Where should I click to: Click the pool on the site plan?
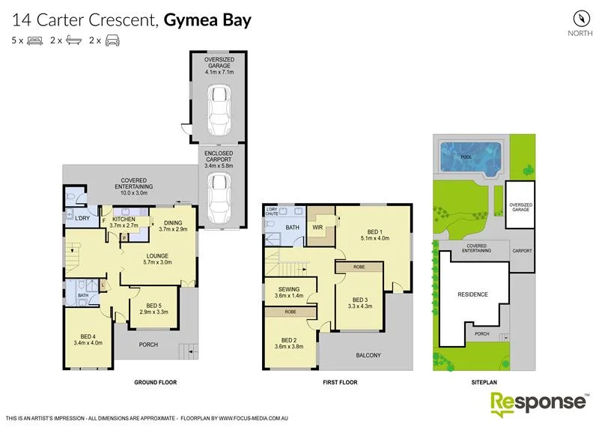[x=470, y=158]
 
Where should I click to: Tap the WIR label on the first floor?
[x=317, y=227]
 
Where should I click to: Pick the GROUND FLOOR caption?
[x=155, y=382]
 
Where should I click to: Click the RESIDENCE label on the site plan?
[x=472, y=294]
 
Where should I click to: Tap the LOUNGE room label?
[x=157, y=255]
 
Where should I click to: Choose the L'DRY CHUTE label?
[x=272, y=211]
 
